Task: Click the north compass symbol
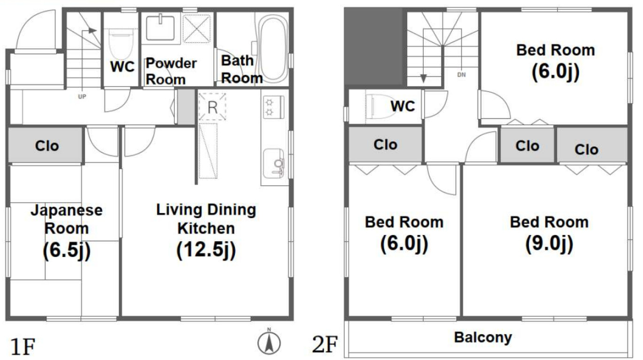coord(269,343)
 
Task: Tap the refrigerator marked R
coord(212,107)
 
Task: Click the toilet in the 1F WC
coord(122,44)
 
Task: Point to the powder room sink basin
coord(160,28)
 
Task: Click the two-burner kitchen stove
coord(273,107)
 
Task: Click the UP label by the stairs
coord(82,96)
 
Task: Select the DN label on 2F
coord(461,75)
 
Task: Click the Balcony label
coord(483,337)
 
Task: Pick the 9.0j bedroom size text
coord(549,244)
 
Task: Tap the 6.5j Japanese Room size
coord(67,250)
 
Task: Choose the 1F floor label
coord(23,346)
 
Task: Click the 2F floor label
coord(325,344)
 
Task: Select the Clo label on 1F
coord(47,146)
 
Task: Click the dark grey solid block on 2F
coord(375,47)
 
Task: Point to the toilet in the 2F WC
coord(381,106)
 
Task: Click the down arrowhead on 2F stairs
coord(424,78)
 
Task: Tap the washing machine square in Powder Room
coord(197,29)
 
